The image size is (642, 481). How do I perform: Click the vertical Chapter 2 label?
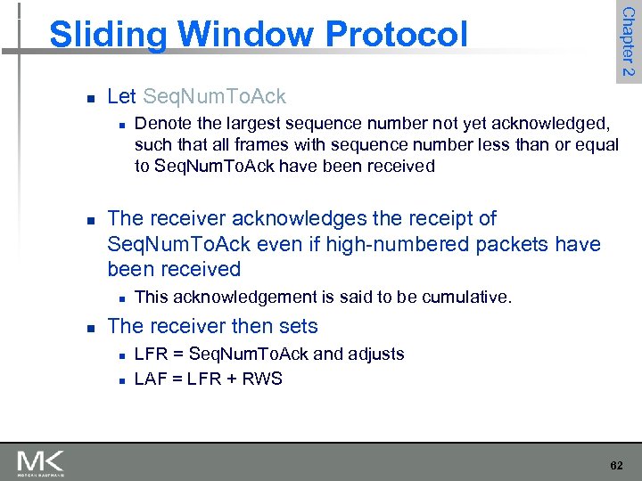point(629,42)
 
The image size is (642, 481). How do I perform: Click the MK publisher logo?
point(41,462)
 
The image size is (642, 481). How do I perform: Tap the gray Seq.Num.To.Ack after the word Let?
point(215,96)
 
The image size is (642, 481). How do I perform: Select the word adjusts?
point(375,354)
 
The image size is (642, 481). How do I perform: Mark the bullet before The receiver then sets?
point(83,328)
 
